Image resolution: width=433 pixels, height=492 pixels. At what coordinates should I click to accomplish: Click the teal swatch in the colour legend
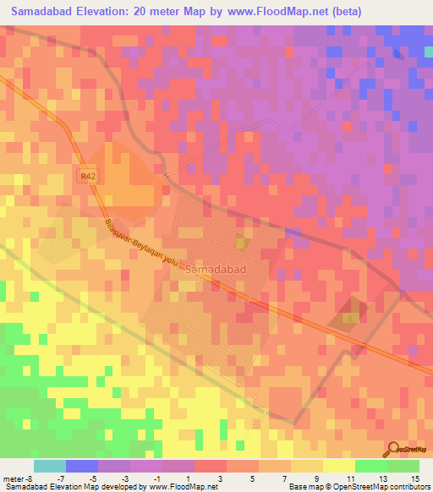click(50, 466)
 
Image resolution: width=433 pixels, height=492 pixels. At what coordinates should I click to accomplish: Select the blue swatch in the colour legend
click(82, 466)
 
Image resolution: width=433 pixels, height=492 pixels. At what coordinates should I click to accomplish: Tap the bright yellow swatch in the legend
click(339, 466)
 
